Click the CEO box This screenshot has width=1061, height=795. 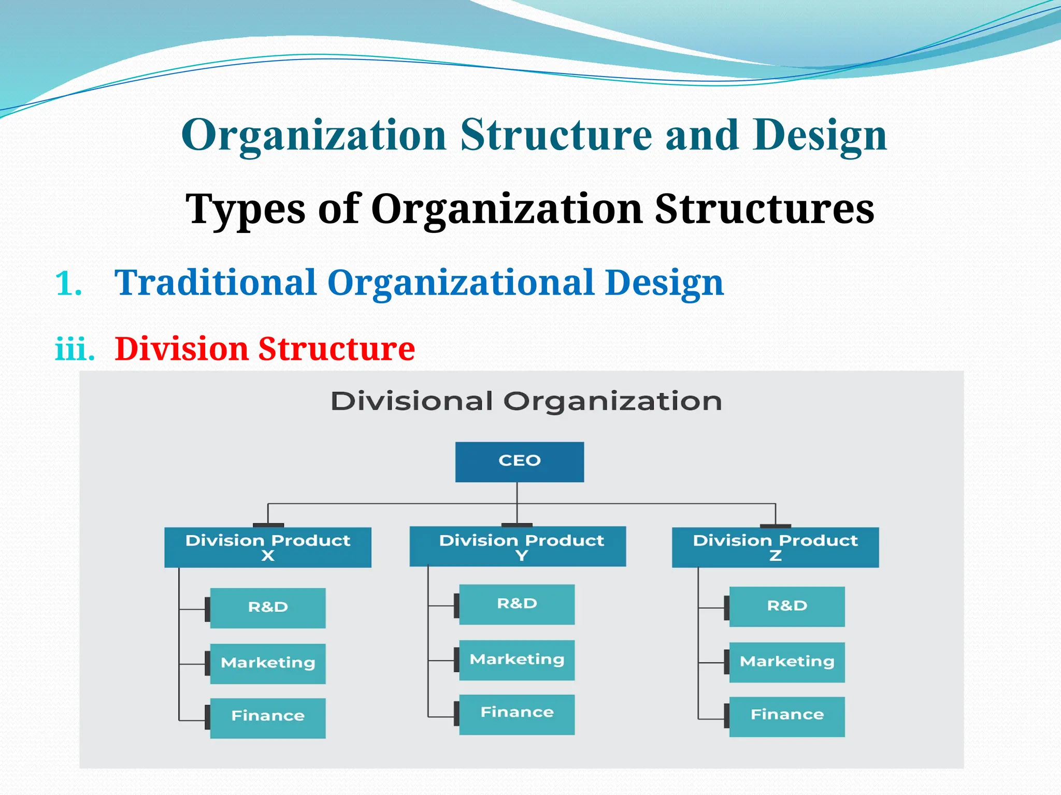tap(519, 462)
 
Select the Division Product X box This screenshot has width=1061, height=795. tap(267, 547)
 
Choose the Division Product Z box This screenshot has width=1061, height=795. tap(775, 547)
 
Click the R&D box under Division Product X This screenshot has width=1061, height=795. tap(268, 608)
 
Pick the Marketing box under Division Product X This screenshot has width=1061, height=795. tap(268, 664)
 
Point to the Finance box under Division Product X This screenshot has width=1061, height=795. tap(268, 718)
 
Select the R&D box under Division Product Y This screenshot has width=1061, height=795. tap(517, 604)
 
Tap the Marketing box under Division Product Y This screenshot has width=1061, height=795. tap(517, 660)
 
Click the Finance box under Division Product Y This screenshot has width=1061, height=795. tap(517, 714)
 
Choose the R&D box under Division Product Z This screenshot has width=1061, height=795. tap(787, 607)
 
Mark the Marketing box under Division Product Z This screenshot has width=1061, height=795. tap(787, 662)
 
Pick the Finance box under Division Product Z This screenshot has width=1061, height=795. tap(787, 716)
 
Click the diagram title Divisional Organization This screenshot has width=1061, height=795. tap(526, 402)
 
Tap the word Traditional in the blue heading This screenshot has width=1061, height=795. tap(215, 283)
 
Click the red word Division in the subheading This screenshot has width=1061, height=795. tap(181, 349)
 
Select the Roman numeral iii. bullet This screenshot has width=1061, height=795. tap(75, 349)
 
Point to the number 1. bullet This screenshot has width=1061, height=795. tap(68, 284)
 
